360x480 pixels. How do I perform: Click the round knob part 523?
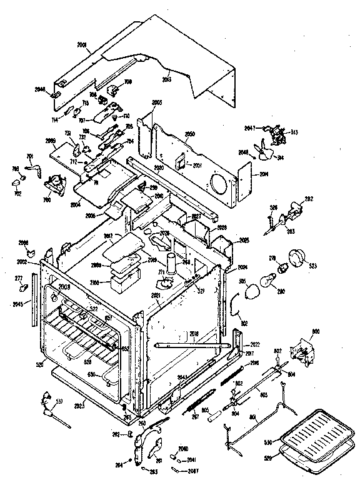[296, 257]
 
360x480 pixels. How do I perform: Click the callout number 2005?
[156, 102]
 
